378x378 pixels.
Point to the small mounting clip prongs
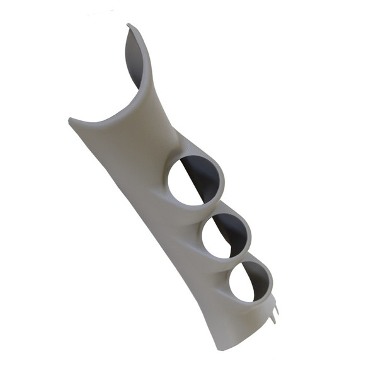click(x=275, y=309)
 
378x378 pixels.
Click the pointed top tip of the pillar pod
click(x=129, y=26)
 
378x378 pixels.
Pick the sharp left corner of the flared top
click(x=69, y=119)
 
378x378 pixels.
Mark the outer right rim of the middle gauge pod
click(x=251, y=236)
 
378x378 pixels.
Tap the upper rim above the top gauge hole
click(x=189, y=151)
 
